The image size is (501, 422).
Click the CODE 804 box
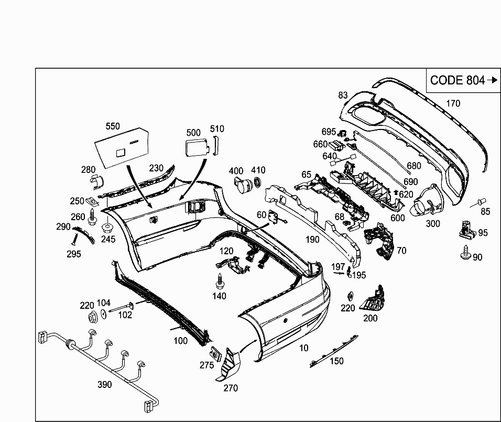click(x=463, y=80)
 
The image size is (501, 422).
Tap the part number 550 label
click(x=113, y=126)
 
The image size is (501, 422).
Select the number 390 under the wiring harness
click(x=105, y=385)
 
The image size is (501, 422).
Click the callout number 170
click(x=453, y=103)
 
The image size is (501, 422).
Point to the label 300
click(x=433, y=224)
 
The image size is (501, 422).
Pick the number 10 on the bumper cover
click(x=304, y=348)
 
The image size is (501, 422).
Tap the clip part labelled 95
click(x=465, y=229)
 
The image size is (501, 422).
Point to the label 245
click(x=108, y=240)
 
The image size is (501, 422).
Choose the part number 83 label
click(x=343, y=95)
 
